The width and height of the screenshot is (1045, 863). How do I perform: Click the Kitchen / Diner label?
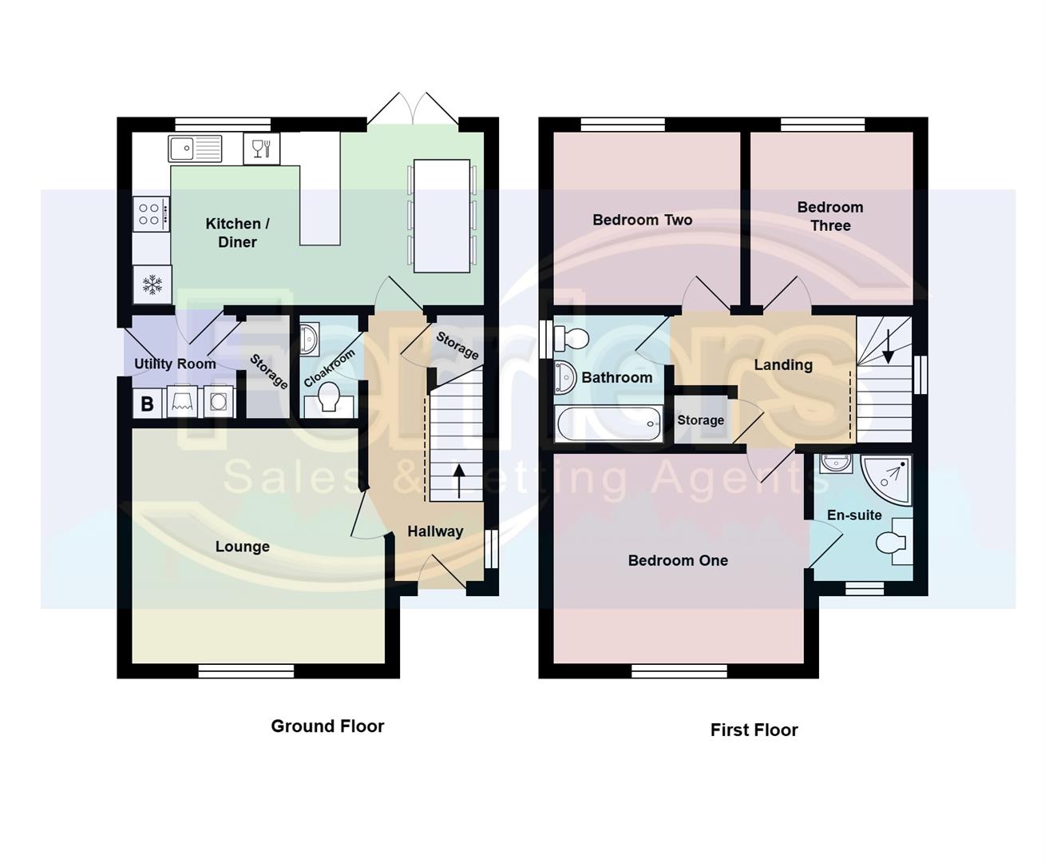pos(237,233)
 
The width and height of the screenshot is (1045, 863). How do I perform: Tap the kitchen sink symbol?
pos(195,148)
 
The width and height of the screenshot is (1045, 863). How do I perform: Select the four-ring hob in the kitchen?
pos(151,213)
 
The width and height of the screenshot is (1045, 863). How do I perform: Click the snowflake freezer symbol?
pos(152,284)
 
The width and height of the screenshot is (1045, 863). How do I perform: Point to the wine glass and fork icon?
pos(261,149)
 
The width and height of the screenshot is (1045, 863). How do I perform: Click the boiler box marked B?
pos(147,404)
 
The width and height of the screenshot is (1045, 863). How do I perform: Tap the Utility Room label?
pos(175,364)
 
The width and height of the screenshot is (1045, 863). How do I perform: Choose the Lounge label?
pos(243,547)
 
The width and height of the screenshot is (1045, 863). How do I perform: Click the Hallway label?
pos(435,531)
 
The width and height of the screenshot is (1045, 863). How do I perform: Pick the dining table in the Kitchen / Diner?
pos(441,216)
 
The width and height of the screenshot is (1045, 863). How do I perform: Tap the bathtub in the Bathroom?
pos(609,424)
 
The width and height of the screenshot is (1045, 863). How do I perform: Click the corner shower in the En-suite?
pos(888,479)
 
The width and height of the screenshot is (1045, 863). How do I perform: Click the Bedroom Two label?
pos(643,220)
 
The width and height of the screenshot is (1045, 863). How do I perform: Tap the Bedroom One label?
pos(678,560)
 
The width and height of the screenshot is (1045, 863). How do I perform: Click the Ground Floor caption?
pos(327,726)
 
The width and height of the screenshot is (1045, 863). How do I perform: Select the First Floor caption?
pos(754,730)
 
